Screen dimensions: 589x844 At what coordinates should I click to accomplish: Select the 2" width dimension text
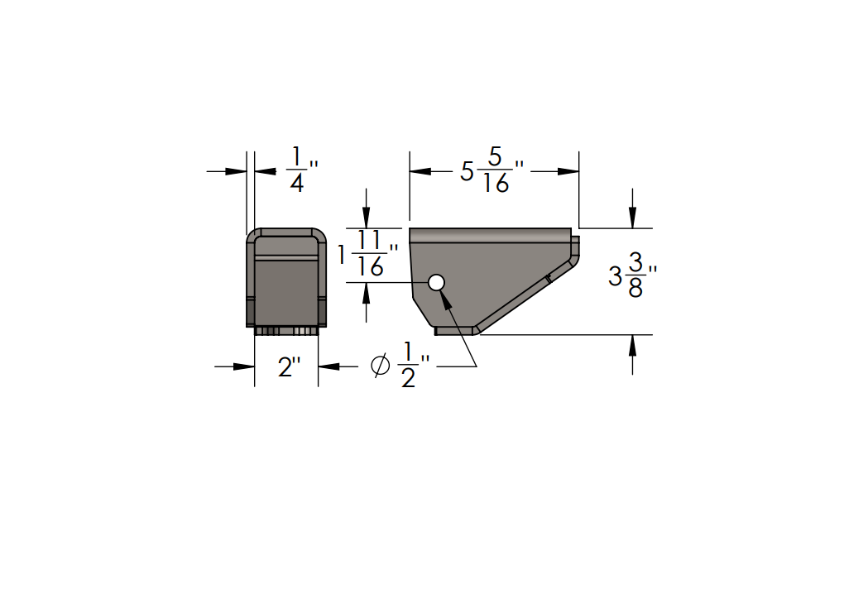tap(286, 366)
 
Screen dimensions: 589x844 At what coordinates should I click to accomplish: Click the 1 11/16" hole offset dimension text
tap(369, 254)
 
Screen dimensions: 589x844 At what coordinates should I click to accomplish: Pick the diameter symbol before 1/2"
tap(381, 366)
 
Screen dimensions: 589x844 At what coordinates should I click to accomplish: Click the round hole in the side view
tap(437, 283)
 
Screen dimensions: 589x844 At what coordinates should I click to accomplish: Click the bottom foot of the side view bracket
tap(456, 331)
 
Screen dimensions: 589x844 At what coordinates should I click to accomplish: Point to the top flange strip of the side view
tap(490, 235)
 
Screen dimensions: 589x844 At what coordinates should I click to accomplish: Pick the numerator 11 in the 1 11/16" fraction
tap(371, 241)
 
